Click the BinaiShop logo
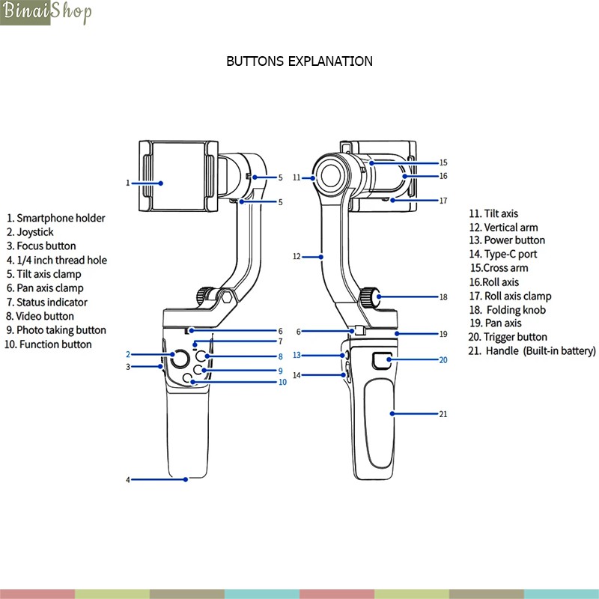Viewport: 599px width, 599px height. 46,13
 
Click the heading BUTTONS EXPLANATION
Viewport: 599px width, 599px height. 299,61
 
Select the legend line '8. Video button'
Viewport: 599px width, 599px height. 40,316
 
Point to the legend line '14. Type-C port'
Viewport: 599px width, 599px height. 503,254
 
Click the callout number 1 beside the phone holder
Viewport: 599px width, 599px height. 128,182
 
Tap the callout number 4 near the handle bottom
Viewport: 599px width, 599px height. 128,479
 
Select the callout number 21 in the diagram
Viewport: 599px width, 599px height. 443,413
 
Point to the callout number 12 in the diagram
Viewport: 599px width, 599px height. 297,256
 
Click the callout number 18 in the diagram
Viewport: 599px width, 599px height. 443,297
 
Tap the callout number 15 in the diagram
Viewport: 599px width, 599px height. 443,162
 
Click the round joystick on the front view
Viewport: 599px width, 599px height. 178,359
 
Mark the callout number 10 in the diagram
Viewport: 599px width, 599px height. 282,382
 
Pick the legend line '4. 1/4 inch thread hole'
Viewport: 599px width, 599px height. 58,260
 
